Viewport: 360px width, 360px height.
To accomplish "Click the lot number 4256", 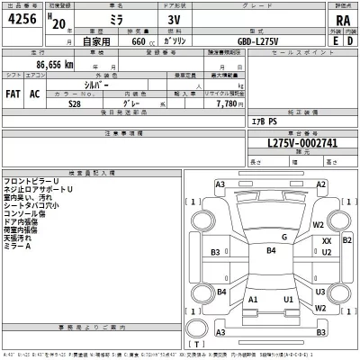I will [23, 19].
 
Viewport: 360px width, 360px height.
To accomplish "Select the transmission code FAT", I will [14, 93].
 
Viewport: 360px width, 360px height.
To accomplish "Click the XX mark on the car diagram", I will [327, 241].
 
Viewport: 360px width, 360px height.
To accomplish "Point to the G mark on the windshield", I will [283, 238].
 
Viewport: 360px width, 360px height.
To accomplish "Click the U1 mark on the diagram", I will [288, 299].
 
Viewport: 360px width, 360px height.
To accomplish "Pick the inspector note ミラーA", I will [16, 246].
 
